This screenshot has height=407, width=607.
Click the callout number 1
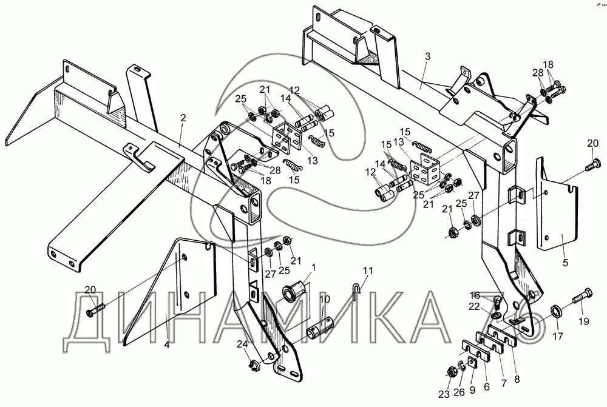(314, 267)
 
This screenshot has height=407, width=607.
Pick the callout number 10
(325, 299)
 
